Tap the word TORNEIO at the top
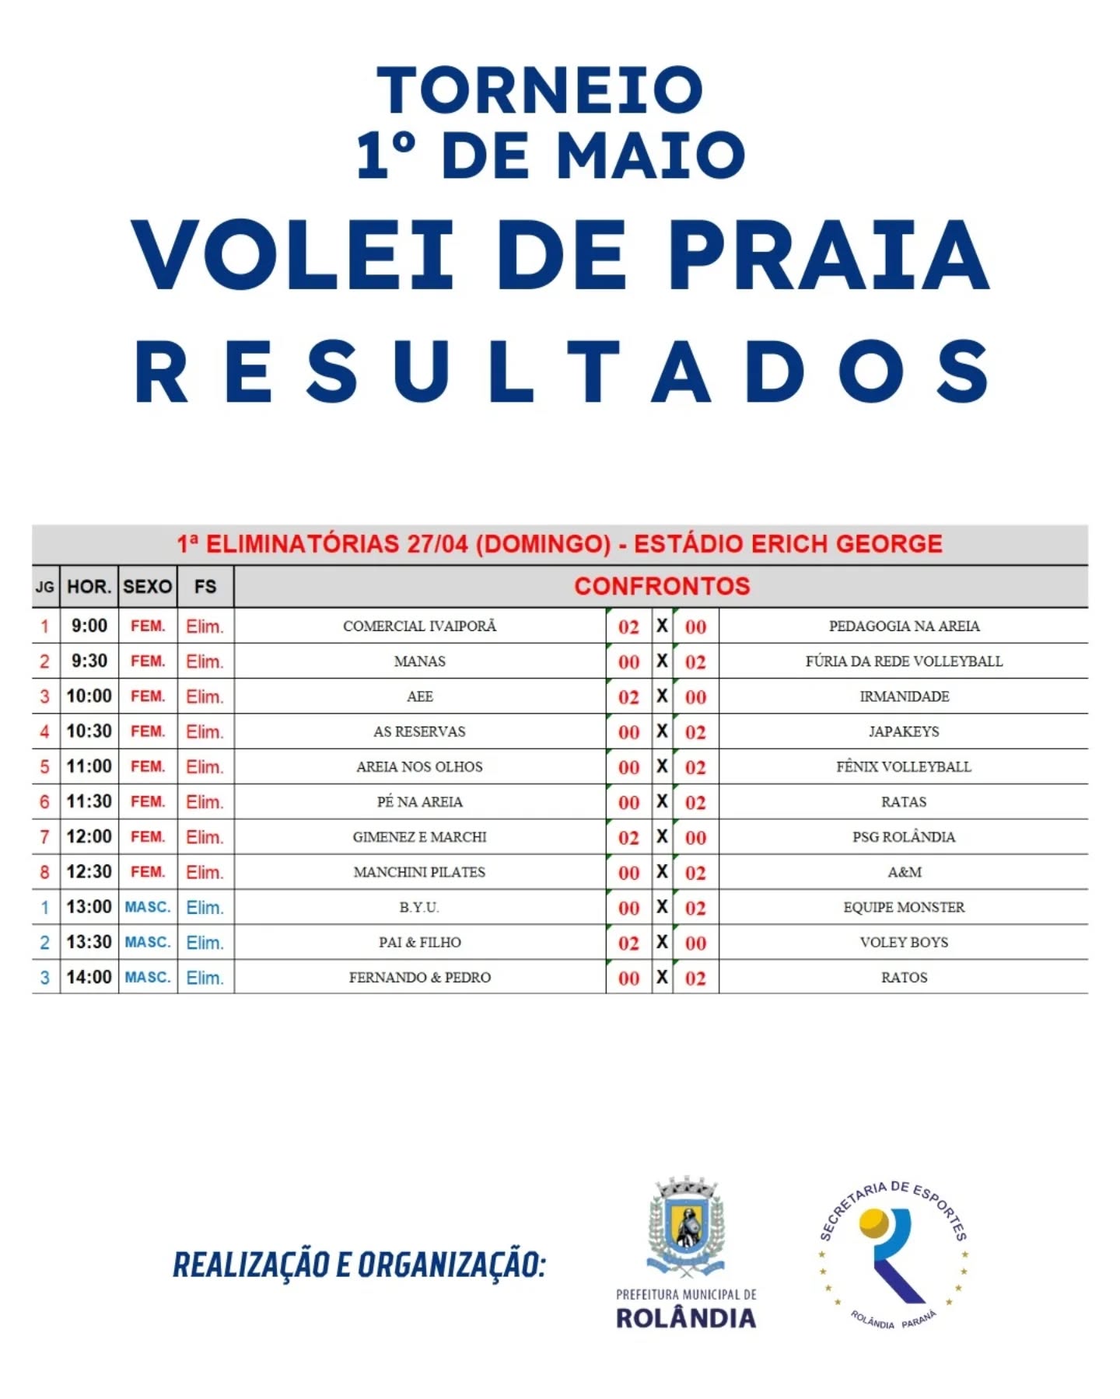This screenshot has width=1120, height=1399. coord(540,90)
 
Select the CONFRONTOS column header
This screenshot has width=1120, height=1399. coord(662,586)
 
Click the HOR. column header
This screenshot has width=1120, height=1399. coord(89,587)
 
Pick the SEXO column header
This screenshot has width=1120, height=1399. coord(148,587)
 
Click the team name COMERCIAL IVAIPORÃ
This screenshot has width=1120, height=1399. coord(419,626)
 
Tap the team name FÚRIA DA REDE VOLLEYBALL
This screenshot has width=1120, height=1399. coord(904,661)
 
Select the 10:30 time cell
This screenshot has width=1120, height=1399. coord(89,731)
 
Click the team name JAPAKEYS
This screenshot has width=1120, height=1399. coord(904,731)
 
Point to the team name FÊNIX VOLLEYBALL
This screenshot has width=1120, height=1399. coord(904,766)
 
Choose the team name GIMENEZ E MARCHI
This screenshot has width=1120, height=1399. coord(419,837)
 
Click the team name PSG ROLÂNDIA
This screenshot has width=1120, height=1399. coord(904,837)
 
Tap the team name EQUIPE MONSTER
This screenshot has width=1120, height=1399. coord(904,907)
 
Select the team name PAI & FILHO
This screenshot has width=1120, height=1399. coord(419,942)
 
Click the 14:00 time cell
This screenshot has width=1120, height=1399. coord(89,977)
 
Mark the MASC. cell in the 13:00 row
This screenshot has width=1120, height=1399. coord(148,907)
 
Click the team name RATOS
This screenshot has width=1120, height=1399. coord(904,977)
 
